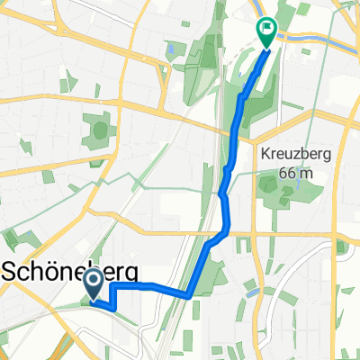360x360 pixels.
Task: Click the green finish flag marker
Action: [x=267, y=31]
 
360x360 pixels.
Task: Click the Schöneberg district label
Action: [x=62, y=269]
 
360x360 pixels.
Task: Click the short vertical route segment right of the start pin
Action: [x=112, y=296]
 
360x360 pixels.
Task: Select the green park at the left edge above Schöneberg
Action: [x=13, y=239]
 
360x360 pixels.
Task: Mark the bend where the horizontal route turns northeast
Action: [x=188, y=293]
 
